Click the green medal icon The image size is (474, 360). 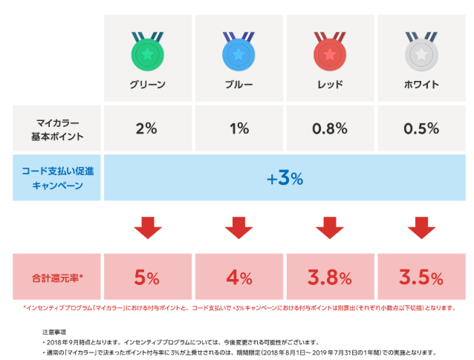pyautogui.click(x=146, y=50)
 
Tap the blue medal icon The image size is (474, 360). pyautogui.click(x=238, y=50)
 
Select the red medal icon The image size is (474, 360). pyautogui.click(x=330, y=50)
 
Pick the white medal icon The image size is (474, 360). pyautogui.click(x=421, y=50)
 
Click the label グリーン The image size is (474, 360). pyautogui.click(x=147, y=85)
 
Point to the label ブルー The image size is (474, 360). pyautogui.click(x=238, y=85)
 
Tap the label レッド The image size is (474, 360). pyautogui.click(x=330, y=85)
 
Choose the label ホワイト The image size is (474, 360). pyautogui.click(x=421, y=85)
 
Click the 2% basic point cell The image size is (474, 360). pyautogui.click(x=147, y=128)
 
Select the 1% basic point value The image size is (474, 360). pyautogui.click(x=238, y=128)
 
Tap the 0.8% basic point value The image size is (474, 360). pyautogui.click(x=330, y=128)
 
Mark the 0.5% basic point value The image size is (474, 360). pyautogui.click(x=421, y=128)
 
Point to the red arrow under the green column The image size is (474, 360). pyautogui.click(x=147, y=227)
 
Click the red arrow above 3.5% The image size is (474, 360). pyautogui.click(x=421, y=227)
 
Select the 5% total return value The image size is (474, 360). pyautogui.click(x=147, y=278)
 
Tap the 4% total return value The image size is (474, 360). pyautogui.click(x=238, y=278)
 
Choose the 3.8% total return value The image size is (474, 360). pyautogui.click(x=330, y=278)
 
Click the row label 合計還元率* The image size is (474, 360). pyautogui.click(x=57, y=278)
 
